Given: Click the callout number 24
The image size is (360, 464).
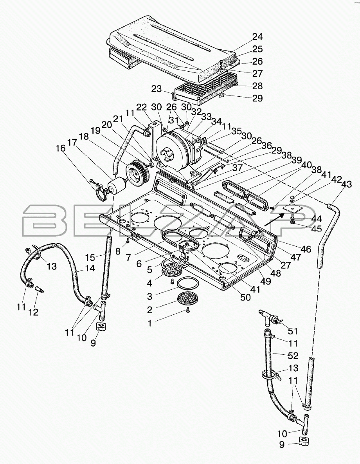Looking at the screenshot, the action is [x=257, y=37].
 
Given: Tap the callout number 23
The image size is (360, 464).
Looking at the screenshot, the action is [x=157, y=89].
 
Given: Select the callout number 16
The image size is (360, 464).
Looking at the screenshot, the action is [x=61, y=148].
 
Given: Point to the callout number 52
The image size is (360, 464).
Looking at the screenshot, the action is [x=293, y=356].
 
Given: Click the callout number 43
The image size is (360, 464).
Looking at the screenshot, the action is [x=346, y=184].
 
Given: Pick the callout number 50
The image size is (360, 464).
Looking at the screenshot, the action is [x=245, y=298].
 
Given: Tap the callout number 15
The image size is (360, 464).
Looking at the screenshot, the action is [x=90, y=257].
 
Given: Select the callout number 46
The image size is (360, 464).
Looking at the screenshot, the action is [x=306, y=249].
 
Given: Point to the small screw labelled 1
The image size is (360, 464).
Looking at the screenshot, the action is [x=188, y=310].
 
